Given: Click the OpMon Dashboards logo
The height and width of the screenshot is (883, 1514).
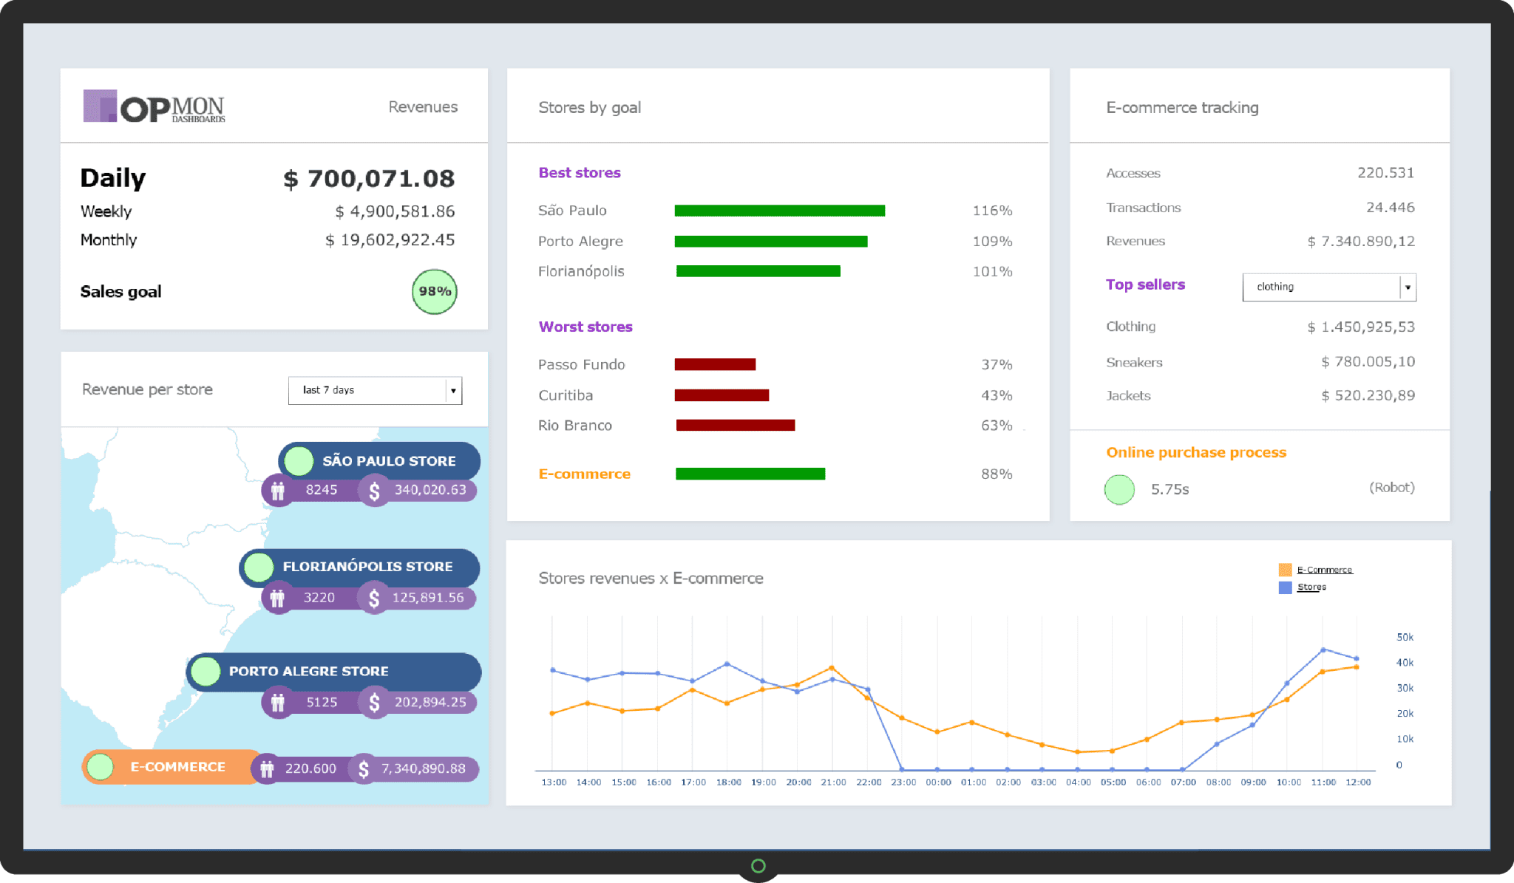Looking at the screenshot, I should coord(154,107).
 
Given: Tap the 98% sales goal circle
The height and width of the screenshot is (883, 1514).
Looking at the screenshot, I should coord(434,291).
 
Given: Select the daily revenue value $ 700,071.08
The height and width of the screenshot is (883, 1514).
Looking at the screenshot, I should coord(369,179).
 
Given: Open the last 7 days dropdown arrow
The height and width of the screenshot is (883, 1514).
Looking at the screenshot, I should coord(453,390).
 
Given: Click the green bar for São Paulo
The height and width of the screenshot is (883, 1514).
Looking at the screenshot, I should coord(779,211).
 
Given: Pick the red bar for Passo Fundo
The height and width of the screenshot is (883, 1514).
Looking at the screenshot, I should coord(715,364).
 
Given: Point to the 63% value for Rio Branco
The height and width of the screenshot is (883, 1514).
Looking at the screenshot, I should coord(996,426).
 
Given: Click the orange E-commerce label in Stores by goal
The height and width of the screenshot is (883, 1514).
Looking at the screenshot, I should coord(584,474).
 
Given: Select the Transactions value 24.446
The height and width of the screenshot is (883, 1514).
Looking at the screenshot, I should coord(1390,208).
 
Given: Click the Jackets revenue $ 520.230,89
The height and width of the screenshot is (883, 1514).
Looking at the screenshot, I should coord(1368,395).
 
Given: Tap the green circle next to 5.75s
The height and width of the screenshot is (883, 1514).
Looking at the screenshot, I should coord(1119,489).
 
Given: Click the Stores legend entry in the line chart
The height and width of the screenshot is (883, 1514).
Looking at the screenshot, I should coord(1311,587).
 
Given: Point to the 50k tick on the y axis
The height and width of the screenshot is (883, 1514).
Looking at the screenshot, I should coord(1404,637).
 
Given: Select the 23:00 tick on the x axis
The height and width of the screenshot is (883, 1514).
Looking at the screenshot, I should coord(903,782).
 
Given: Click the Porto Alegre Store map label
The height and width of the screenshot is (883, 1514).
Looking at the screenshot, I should coord(308,671).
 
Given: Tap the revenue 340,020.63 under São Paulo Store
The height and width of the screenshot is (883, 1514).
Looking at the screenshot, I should coord(430,490).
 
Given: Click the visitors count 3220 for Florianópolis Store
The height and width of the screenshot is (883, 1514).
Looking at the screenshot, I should coord(319,597).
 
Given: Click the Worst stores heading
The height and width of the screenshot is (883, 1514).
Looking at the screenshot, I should coord(585,327).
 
